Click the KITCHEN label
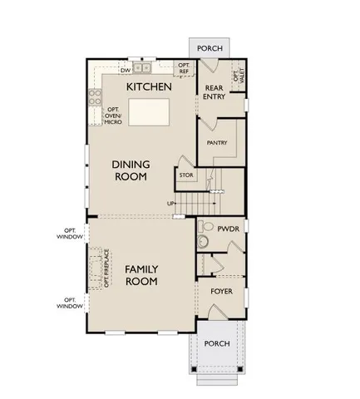coord(149,86)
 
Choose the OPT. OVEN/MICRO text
coord(114,116)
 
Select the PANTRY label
coord(217,142)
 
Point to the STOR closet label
coord(185,175)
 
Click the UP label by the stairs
coord(171,203)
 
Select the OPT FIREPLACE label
coord(107,272)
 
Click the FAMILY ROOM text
coord(141,275)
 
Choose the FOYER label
coord(220,292)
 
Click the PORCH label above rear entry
coord(209,48)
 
